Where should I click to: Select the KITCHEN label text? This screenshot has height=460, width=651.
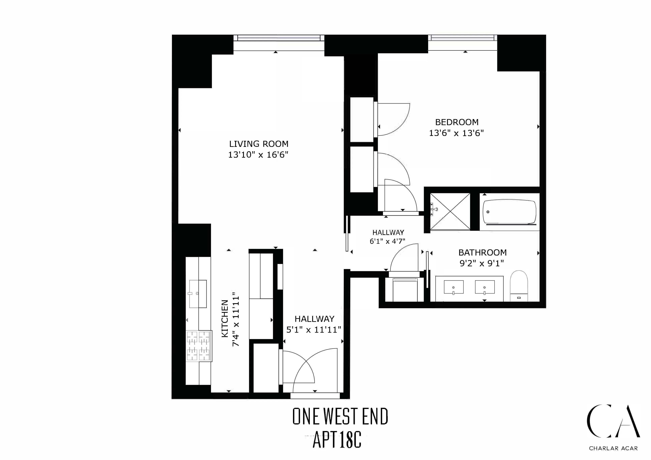pos(225,318)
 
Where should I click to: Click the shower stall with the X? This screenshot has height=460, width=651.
pos(450,211)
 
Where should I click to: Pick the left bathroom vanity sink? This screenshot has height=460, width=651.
pos(453,287)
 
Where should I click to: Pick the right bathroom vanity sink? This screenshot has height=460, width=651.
pos(485,287)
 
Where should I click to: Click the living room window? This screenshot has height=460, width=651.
pos(279,38)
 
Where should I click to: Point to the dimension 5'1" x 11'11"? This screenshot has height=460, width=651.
pos(313,330)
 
